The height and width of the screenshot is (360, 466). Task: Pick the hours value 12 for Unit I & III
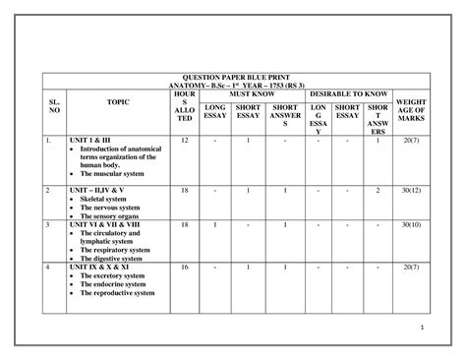(x=185, y=142)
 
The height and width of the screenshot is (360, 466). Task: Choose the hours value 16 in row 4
(x=185, y=267)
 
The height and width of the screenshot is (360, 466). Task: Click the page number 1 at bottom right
(x=420, y=327)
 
